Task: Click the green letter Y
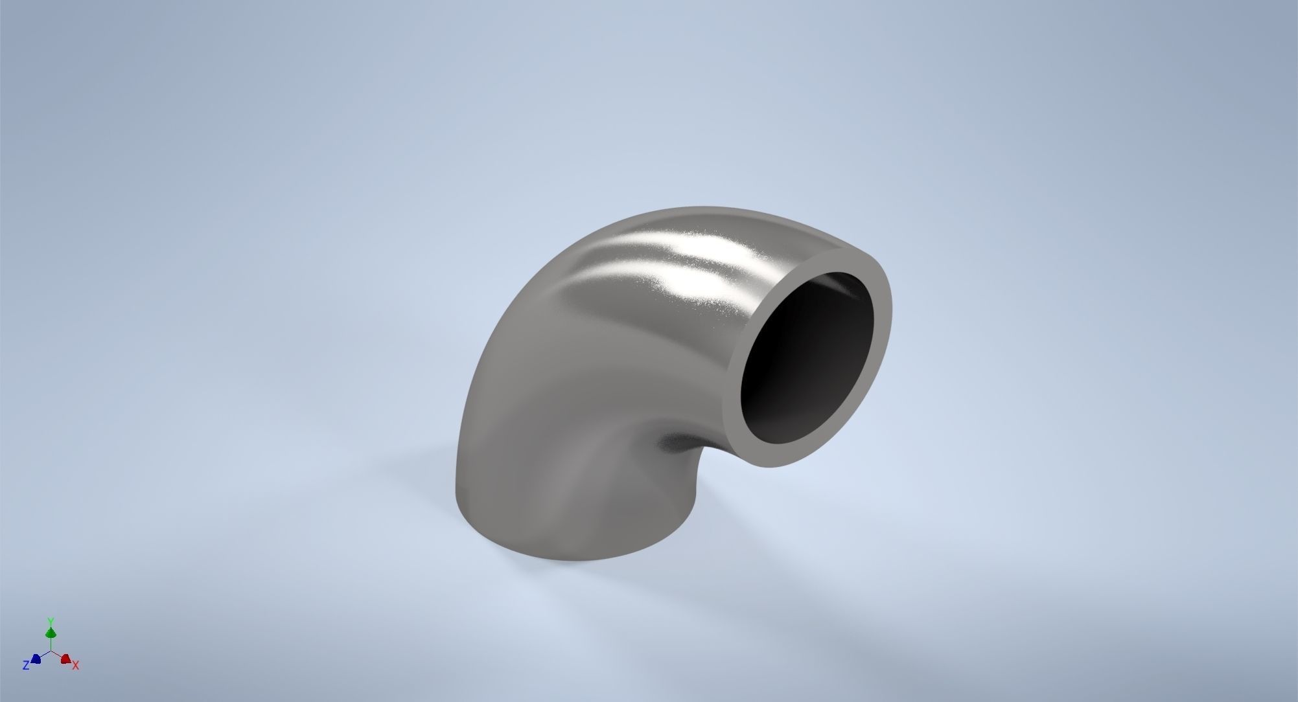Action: click(51, 621)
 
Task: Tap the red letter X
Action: click(76, 665)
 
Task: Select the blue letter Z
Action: click(26, 665)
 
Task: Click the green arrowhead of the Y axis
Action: click(51, 632)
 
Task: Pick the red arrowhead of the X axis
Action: click(65, 659)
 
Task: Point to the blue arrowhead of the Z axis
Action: click(36, 659)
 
